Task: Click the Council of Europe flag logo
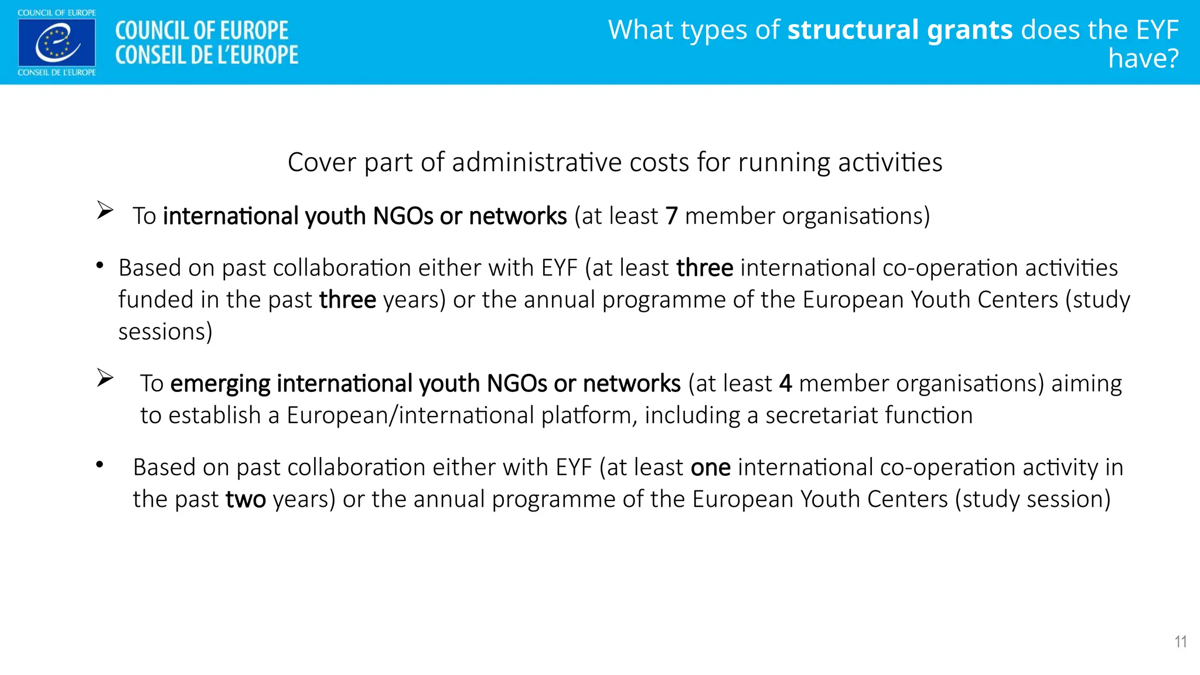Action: tap(57, 42)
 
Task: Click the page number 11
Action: tap(1180, 642)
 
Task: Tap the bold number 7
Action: tap(671, 216)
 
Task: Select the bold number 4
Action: tap(785, 384)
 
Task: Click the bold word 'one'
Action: tap(710, 468)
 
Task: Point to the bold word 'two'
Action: tap(246, 499)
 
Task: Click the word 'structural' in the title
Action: tap(852, 30)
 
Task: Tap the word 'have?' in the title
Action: tap(1143, 59)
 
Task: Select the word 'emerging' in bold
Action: tap(220, 384)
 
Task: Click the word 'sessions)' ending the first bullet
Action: tap(165, 332)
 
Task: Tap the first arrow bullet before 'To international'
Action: tap(105, 210)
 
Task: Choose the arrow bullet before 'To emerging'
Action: tap(105, 378)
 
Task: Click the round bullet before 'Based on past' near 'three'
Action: tap(100, 266)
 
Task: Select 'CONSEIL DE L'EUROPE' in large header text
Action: tap(206, 55)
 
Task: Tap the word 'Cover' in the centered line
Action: tap(322, 162)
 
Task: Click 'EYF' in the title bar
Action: tap(1157, 30)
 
